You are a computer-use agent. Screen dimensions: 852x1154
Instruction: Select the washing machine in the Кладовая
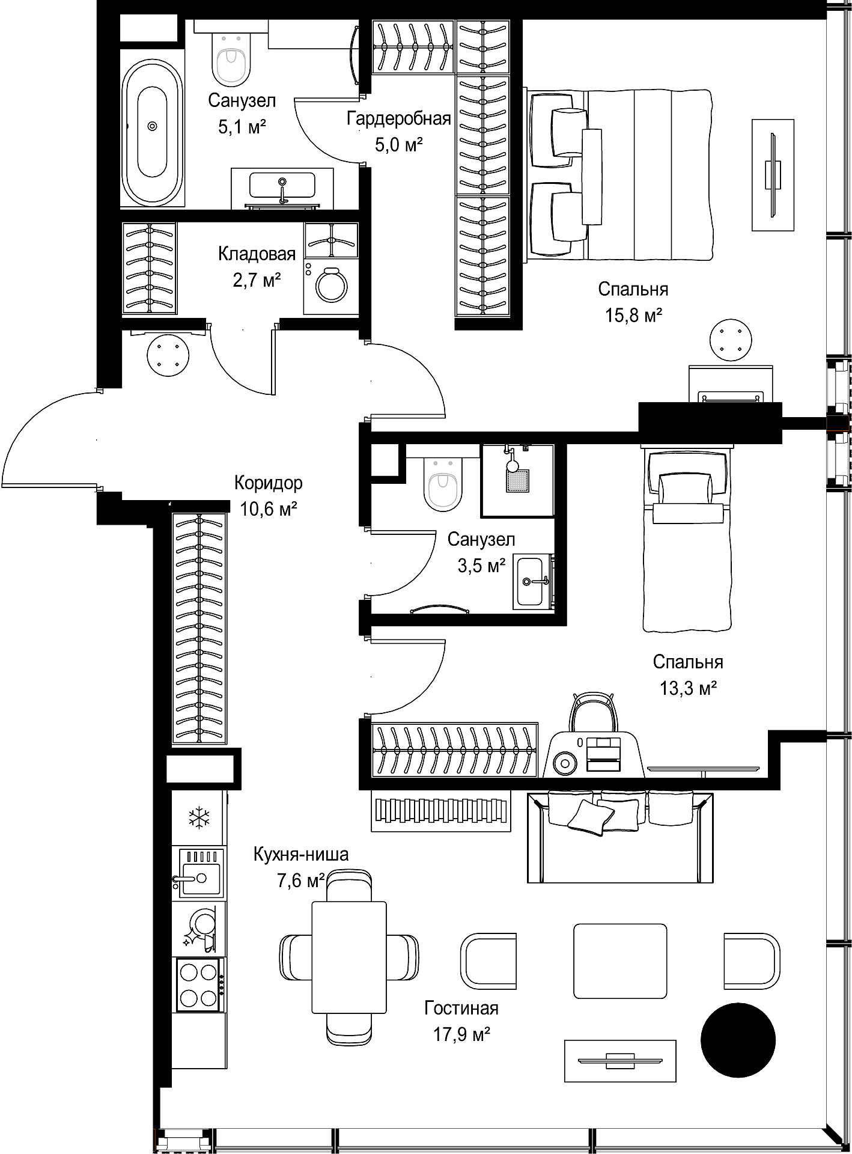click(331, 286)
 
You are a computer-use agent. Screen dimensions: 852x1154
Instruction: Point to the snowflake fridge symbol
click(198, 817)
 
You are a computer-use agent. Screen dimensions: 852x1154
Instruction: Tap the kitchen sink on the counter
click(198, 873)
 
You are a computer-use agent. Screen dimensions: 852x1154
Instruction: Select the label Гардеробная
click(398, 119)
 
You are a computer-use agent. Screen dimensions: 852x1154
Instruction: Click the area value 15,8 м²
click(633, 316)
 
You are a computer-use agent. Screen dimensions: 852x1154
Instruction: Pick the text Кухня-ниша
click(300, 855)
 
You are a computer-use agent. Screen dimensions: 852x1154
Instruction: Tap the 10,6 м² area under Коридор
click(269, 510)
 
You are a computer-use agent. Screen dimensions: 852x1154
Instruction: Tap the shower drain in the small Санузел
click(518, 480)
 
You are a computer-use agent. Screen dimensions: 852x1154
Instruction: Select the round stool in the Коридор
click(168, 355)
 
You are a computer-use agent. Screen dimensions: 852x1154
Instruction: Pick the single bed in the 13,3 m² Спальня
click(688, 539)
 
